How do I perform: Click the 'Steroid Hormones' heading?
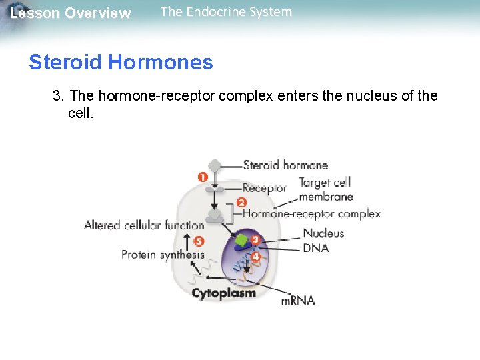pyautogui.click(x=121, y=63)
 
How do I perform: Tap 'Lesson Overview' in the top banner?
pyautogui.click(x=71, y=13)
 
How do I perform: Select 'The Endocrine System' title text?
pyautogui.click(x=226, y=11)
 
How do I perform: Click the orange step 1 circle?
pyautogui.click(x=203, y=177)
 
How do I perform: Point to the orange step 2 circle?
pyautogui.click(x=241, y=202)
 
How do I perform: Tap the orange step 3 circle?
pyautogui.click(x=255, y=239)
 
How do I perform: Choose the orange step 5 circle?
pyautogui.click(x=198, y=241)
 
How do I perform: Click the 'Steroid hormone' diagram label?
pyautogui.click(x=285, y=165)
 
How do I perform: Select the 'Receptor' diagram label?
pyautogui.click(x=265, y=188)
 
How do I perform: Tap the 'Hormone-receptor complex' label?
pyautogui.click(x=311, y=214)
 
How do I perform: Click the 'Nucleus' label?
pyautogui.click(x=323, y=233)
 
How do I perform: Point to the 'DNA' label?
pyautogui.click(x=315, y=248)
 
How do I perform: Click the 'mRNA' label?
pyautogui.click(x=297, y=301)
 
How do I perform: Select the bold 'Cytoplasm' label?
pyautogui.click(x=223, y=293)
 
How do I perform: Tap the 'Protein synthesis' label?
pyautogui.click(x=163, y=255)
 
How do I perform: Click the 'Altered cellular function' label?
pyautogui.click(x=144, y=225)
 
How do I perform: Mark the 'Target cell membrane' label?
pyautogui.click(x=325, y=189)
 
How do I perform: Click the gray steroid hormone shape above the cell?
pyautogui.click(x=215, y=165)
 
